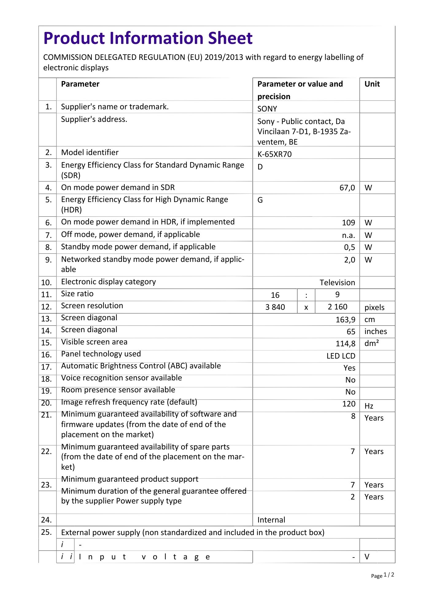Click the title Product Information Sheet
148,38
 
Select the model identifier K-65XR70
274,154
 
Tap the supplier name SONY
267,109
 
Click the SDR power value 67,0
347,188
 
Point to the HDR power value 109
348,223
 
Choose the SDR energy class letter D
260,167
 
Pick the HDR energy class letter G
260,200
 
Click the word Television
337,282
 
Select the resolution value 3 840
275,307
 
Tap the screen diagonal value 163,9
345,320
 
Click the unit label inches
375,332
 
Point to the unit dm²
371,344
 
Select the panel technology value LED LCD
341,356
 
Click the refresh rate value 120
349,404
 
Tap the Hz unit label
369,406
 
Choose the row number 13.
46,319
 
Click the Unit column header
372,84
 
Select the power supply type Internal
271,520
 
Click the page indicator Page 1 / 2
382,575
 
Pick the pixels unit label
374,307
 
